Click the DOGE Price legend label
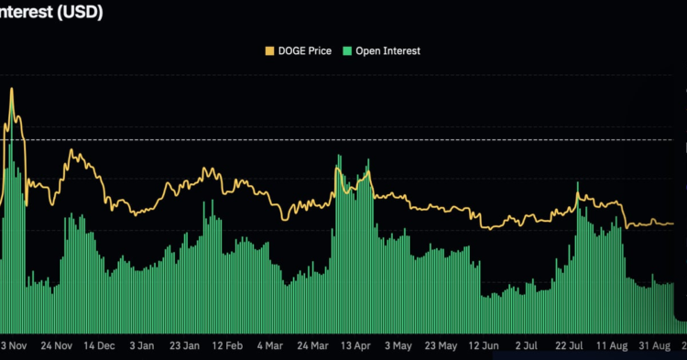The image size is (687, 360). click(x=306, y=51)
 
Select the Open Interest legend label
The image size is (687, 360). click(x=387, y=51)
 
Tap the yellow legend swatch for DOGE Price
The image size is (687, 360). click(x=269, y=51)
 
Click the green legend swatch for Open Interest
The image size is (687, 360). click(x=346, y=51)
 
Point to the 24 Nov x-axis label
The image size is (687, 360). click(x=57, y=346)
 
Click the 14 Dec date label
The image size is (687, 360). click(x=99, y=346)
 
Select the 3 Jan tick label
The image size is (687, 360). click(x=142, y=346)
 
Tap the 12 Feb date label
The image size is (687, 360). click(x=226, y=346)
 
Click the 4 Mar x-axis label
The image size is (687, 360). click(x=269, y=346)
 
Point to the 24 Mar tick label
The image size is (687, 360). click(x=312, y=346)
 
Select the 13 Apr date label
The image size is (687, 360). click(x=355, y=346)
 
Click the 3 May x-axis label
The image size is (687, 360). click(x=398, y=346)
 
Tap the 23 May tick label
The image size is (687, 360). click(x=441, y=346)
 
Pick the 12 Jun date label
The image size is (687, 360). click(x=484, y=346)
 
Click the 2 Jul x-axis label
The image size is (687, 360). click(x=527, y=346)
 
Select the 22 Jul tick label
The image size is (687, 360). click(x=569, y=346)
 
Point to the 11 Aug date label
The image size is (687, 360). click(x=612, y=346)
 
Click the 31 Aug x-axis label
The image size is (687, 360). click(x=655, y=346)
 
